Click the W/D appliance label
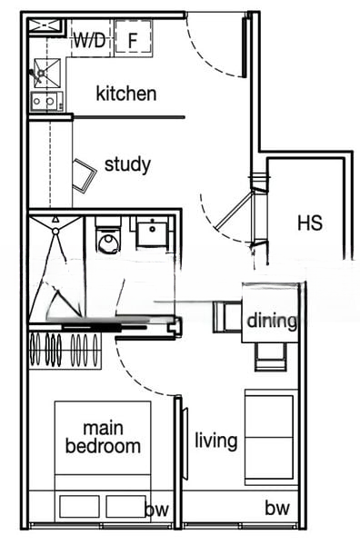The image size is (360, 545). pos(89,41)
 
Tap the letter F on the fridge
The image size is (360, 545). pos(132,40)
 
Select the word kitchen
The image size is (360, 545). pos(126,94)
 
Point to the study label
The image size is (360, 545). pos(127,165)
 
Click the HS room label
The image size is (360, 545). pos(310,223)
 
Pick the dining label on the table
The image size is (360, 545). pos(272,322)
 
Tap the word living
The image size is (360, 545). pos(216,441)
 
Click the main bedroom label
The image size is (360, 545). pos(104,437)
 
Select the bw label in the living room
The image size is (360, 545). pos(277,508)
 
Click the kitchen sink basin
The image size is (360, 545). pos(47,73)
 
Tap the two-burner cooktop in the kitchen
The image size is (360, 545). pos(47,102)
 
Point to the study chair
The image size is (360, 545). pos(84,175)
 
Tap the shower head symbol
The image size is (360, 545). pos(55,231)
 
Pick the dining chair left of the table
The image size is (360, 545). pos(227,317)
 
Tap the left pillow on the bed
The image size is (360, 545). pos(79,507)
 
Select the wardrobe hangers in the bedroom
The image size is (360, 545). pos(65,350)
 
